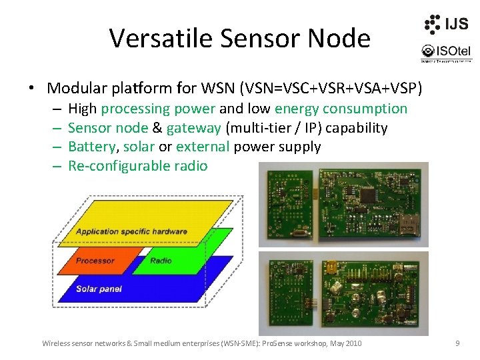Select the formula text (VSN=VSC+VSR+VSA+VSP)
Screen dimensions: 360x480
(328, 88)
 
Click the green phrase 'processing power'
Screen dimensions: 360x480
(158, 109)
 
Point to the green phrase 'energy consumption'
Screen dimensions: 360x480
(341, 109)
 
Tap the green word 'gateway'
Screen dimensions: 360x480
(193, 128)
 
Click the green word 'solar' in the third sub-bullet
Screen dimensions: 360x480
(139, 147)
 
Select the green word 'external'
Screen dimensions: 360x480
(203, 147)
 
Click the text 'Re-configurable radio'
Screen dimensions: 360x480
(138, 166)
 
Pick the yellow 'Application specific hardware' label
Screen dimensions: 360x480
(131, 232)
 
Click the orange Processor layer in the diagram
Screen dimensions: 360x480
(95, 261)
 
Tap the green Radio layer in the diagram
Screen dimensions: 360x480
(161, 261)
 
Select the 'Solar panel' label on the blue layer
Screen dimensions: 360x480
(99, 289)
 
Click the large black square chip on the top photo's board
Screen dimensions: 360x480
(367, 197)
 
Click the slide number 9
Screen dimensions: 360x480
(457, 343)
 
